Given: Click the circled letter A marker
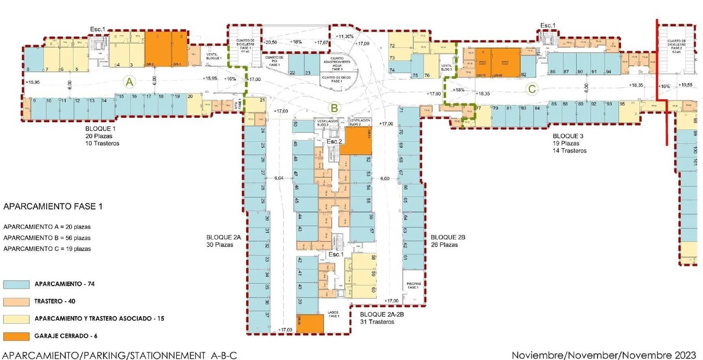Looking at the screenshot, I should click(129, 82).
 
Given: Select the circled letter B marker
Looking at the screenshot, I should click(334, 108).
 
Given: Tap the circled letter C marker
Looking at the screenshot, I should click(532, 89).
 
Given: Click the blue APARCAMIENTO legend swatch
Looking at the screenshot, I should click(16, 284).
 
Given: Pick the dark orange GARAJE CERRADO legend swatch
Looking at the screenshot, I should click(16, 336).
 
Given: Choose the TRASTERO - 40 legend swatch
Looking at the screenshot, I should click(16, 302).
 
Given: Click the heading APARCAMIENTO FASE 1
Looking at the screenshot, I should click(53, 206).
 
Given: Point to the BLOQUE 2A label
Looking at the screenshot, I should click(223, 237).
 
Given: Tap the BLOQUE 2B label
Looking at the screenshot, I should click(448, 237).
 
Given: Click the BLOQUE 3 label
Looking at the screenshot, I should click(568, 136).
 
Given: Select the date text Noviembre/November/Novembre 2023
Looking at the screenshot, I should click(604, 355).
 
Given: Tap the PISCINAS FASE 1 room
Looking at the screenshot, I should click(413, 286).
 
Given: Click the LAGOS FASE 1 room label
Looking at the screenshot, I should click(333, 314).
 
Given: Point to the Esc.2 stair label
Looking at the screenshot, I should click(334, 142).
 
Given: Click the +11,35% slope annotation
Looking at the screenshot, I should click(344, 36).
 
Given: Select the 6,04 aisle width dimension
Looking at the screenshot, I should click(279, 178).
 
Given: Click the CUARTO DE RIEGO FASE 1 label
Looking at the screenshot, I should click(336, 79).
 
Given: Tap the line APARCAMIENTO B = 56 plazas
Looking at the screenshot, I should click(47, 238).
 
